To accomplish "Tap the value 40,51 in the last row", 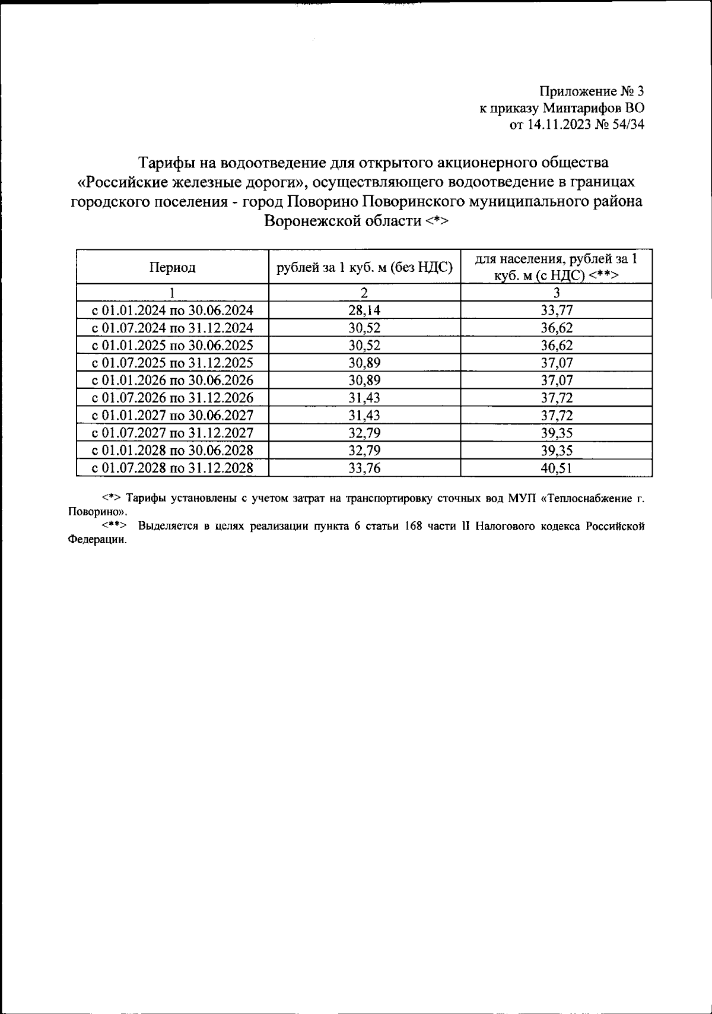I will tap(557, 468).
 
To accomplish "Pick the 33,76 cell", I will tap(364, 468).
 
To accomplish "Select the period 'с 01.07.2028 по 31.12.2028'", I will tap(172, 468).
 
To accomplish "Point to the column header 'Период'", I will tap(172, 268).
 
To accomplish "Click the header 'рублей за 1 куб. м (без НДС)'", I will tap(364, 268).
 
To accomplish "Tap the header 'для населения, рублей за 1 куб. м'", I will tap(557, 267).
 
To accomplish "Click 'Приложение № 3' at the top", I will tap(591, 91).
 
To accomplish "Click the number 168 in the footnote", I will tap(409, 526).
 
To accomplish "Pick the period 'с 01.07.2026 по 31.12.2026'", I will tap(172, 398).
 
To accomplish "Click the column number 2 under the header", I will tap(364, 293).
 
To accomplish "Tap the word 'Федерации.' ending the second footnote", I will tap(97, 540).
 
